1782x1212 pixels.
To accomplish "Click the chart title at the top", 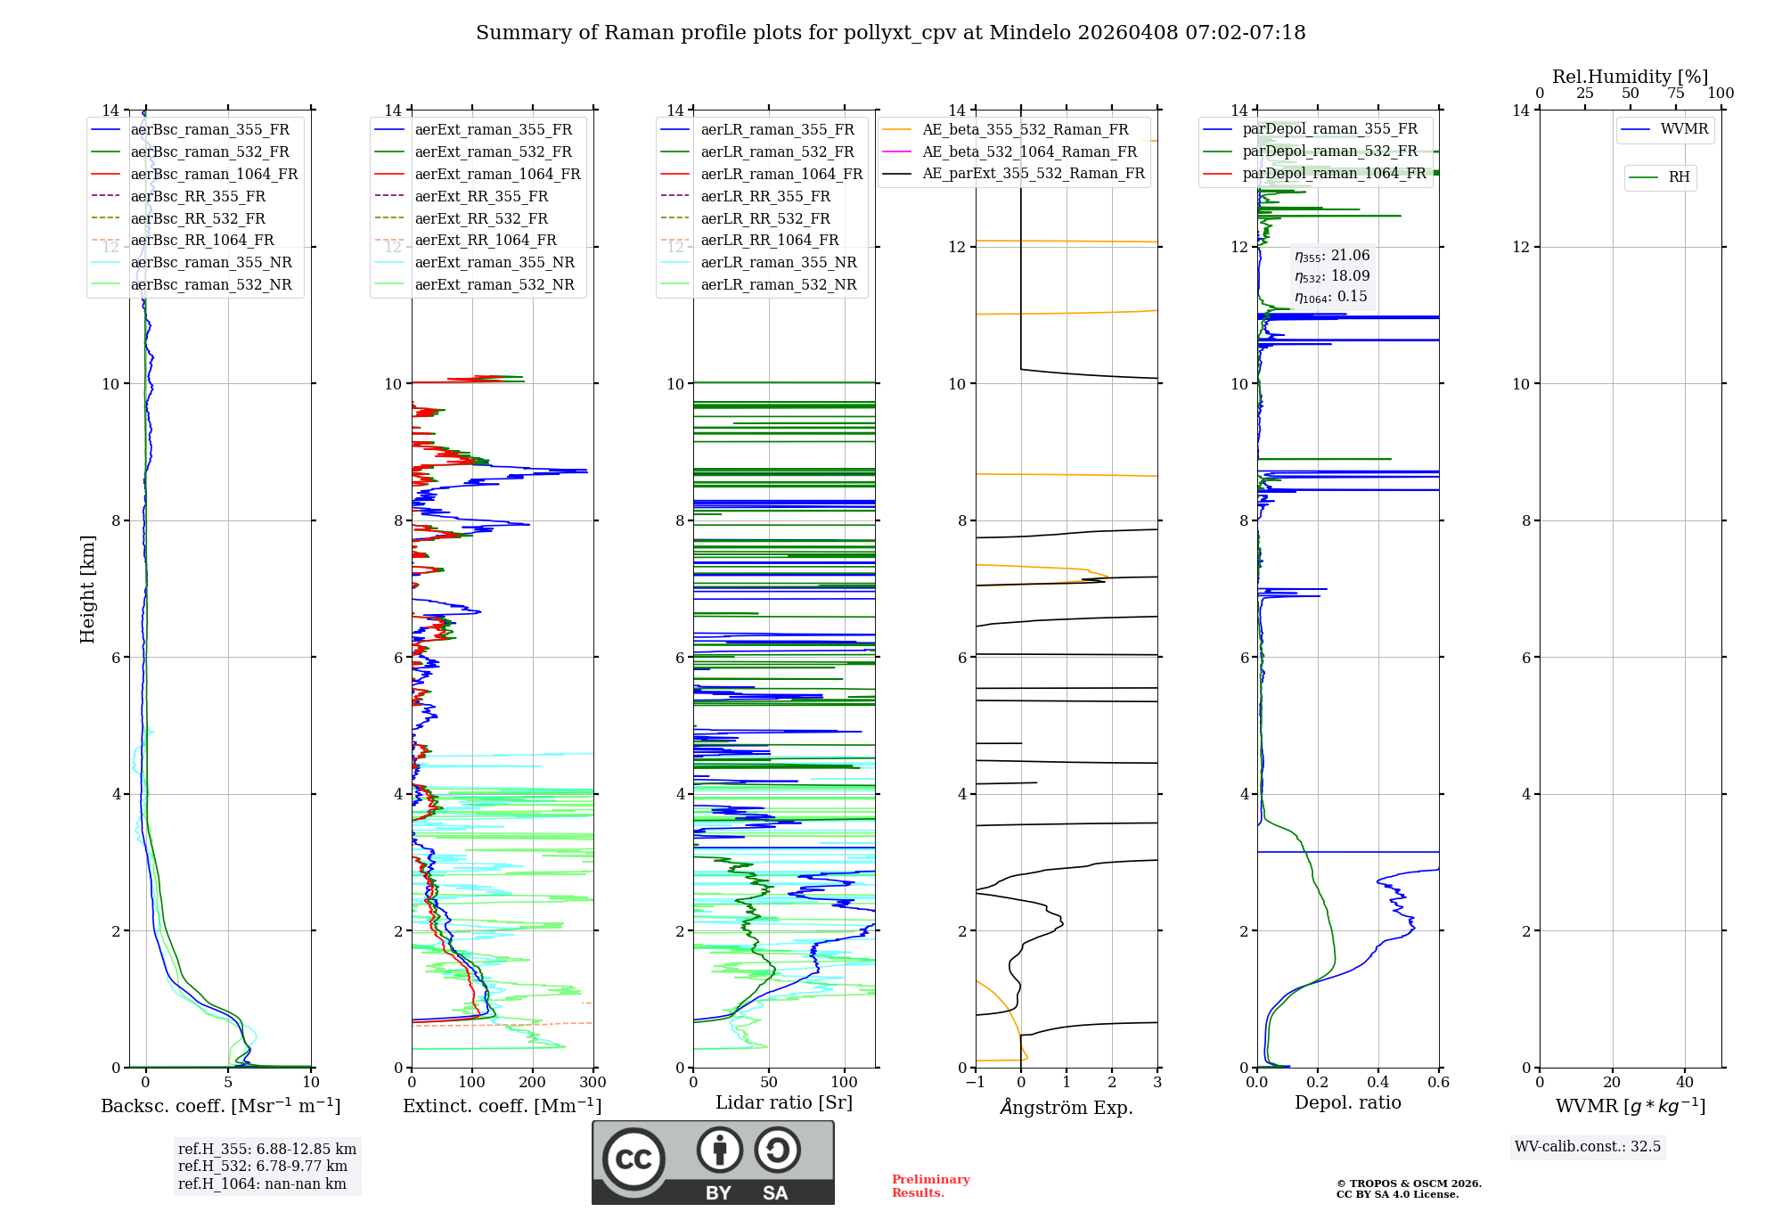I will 890,33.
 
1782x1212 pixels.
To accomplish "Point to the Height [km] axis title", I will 87,588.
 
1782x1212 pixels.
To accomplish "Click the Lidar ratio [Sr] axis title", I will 784,1102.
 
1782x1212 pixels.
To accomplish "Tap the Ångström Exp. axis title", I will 1067,1107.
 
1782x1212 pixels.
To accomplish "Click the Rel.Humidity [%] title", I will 1630,77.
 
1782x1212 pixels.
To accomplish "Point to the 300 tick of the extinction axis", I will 593,1083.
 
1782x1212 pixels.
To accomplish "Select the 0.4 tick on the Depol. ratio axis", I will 1377,1083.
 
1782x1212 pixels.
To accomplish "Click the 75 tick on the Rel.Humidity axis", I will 1675,94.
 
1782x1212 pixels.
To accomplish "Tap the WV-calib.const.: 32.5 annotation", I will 1588,1146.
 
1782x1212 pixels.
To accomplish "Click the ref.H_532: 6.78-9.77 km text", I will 263,1166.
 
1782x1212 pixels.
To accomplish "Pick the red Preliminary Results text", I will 930,1185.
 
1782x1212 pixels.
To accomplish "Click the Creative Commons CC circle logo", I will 634,1159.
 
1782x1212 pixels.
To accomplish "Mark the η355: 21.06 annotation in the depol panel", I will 1332,256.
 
